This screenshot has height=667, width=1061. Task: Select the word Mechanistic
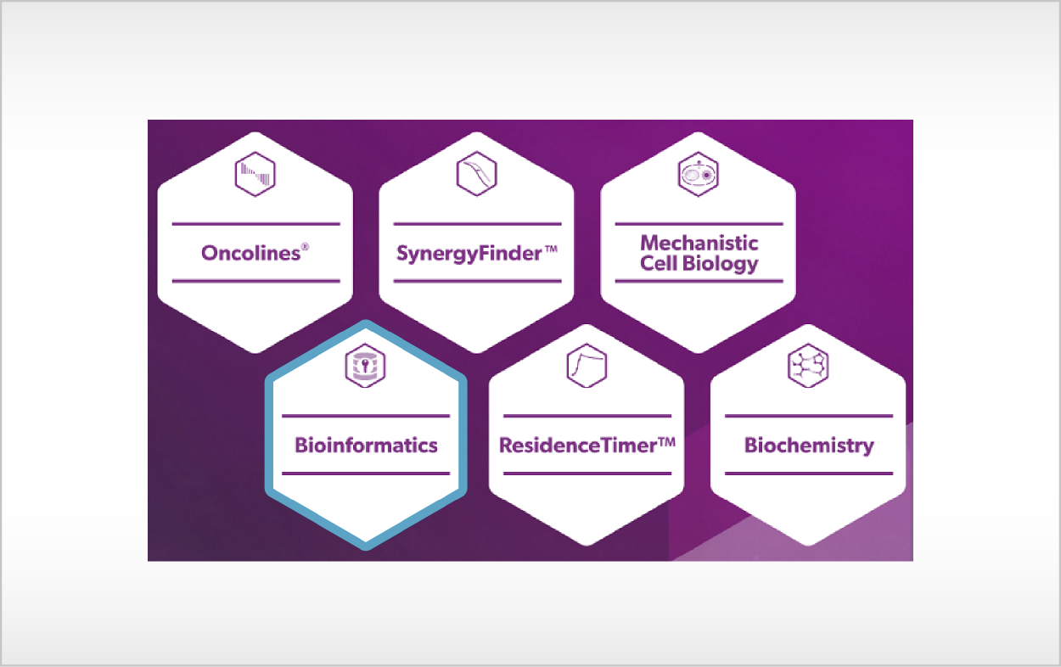click(699, 243)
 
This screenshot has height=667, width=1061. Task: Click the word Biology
click(720, 264)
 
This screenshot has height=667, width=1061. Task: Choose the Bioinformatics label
click(366, 445)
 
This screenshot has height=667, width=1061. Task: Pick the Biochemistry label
click(809, 446)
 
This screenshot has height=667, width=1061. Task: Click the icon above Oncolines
click(255, 174)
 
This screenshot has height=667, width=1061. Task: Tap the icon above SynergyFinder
click(476, 173)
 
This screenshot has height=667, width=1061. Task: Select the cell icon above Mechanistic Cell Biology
click(699, 174)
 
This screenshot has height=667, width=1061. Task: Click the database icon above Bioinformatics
click(365, 366)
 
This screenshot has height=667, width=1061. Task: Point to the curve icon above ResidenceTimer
click(587, 366)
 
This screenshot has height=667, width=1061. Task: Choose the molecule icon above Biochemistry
click(808, 366)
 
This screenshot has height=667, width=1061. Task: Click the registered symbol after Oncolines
click(305, 246)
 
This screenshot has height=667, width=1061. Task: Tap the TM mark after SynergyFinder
click(551, 248)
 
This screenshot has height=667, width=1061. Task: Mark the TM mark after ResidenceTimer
click(667, 442)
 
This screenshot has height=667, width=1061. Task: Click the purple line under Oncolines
click(255, 281)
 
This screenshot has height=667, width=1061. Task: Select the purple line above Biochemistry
click(809, 416)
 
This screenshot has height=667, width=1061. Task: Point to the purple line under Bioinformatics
click(366, 474)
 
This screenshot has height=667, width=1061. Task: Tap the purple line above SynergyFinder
click(477, 224)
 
